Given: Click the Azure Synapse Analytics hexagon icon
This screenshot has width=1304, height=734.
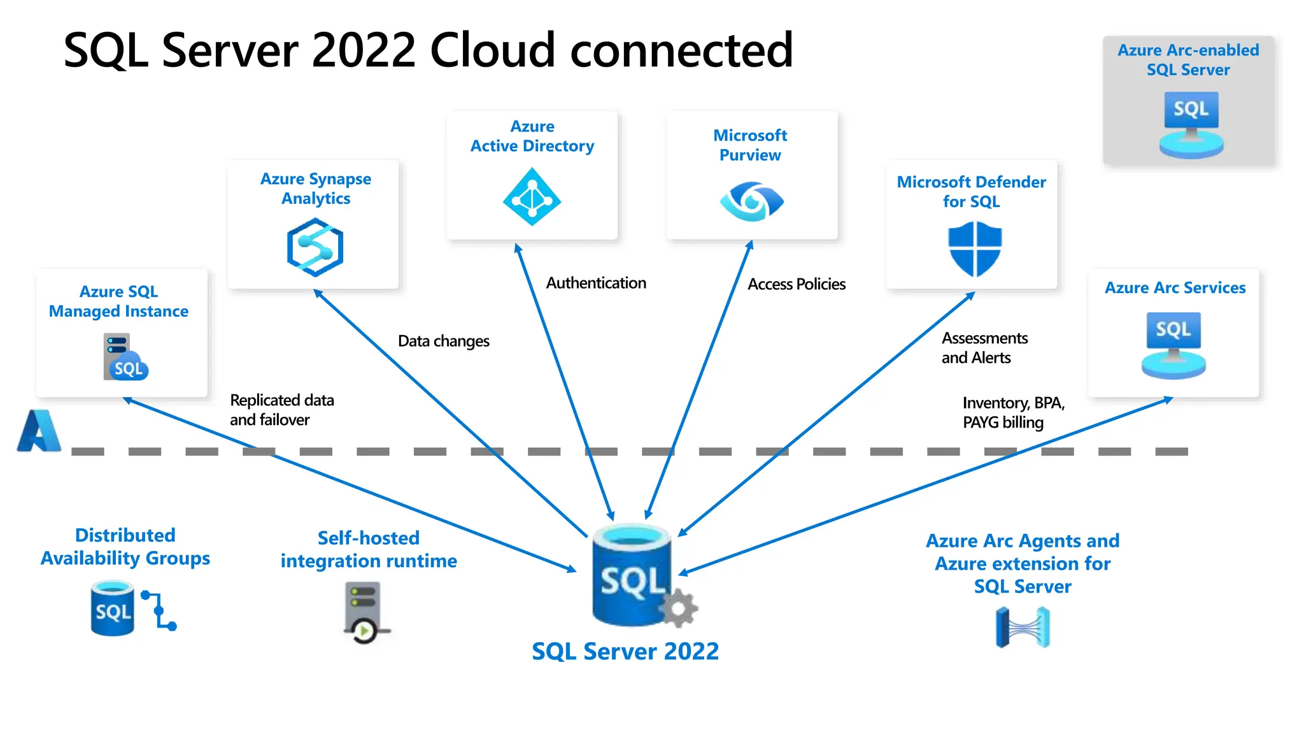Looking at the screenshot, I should coord(315,247).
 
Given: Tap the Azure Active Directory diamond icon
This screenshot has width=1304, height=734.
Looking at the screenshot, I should coord(532,197).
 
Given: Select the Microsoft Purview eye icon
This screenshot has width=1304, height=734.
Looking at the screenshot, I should coord(751,201).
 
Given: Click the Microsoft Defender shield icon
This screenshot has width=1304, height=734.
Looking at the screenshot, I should coord(975,248).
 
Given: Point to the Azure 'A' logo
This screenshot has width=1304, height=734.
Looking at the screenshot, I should coord(39,431).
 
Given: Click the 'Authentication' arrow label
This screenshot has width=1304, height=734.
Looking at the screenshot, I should coord(596,283).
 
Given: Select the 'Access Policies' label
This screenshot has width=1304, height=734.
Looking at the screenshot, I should coord(797,284).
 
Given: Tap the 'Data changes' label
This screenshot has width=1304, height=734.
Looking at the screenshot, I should coord(443,342).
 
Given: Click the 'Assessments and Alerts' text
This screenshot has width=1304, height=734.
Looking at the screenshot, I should coord(984,348).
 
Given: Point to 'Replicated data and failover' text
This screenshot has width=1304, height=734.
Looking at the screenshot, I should coord(281,410).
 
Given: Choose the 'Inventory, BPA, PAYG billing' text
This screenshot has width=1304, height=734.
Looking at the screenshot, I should coord(1013,412).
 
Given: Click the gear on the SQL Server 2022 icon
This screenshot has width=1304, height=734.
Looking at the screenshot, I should coord(679,608).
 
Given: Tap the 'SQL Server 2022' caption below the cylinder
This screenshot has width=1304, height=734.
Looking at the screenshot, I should coord(625,651).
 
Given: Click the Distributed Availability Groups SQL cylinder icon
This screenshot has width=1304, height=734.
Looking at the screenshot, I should coord(113,608).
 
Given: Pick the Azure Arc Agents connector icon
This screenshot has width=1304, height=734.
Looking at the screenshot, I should coord(1023,628).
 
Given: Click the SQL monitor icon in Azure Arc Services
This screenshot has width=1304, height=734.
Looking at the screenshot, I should coord(1173,345).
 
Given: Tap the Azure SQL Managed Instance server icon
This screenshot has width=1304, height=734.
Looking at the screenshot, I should coord(125,357).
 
